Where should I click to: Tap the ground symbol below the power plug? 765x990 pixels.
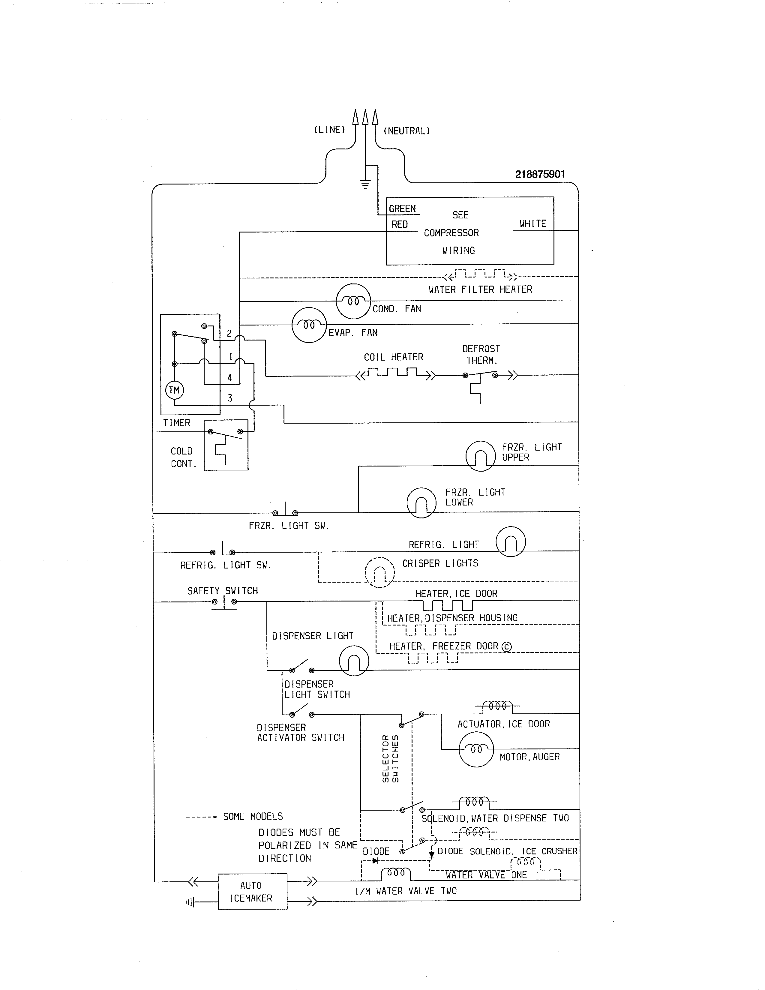point(365,184)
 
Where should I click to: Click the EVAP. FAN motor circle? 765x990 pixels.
point(309,325)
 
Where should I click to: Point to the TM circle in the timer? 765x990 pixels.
point(174,390)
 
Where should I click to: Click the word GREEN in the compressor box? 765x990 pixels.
point(402,208)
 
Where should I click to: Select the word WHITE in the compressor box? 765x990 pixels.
point(532,223)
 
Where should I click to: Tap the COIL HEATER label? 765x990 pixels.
point(393,357)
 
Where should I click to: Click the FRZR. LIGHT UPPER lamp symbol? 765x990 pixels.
point(480,456)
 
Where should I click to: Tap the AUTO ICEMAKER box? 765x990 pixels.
point(252,892)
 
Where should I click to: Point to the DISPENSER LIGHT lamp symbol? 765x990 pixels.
point(354,661)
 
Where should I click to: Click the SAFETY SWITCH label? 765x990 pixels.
point(223,591)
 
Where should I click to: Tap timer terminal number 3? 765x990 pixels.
point(230,398)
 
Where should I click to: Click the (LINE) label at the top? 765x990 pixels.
point(329,130)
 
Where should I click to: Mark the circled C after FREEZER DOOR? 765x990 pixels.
point(507,647)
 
